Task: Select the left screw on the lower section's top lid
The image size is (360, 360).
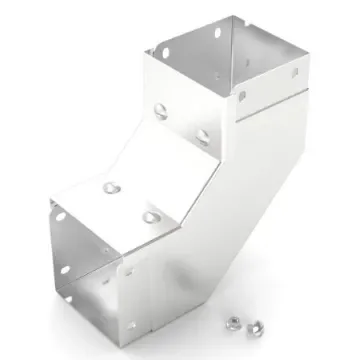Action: point(107,186)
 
